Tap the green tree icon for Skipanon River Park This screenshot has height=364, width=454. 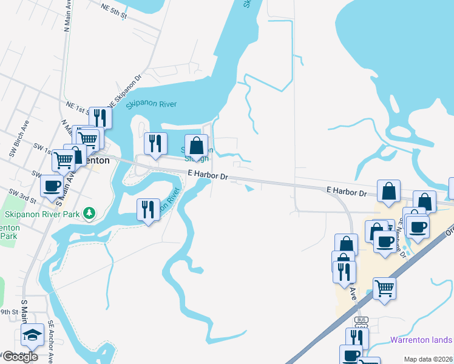point(89,213)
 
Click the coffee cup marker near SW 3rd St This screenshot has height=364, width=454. point(52,186)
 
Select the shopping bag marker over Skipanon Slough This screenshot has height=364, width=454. point(196,146)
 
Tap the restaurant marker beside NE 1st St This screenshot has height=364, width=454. point(100,117)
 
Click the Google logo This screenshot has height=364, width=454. point(20,356)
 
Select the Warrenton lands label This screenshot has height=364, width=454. point(421,340)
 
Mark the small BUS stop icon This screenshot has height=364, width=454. point(362,320)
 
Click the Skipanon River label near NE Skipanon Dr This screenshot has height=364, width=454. point(151,104)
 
